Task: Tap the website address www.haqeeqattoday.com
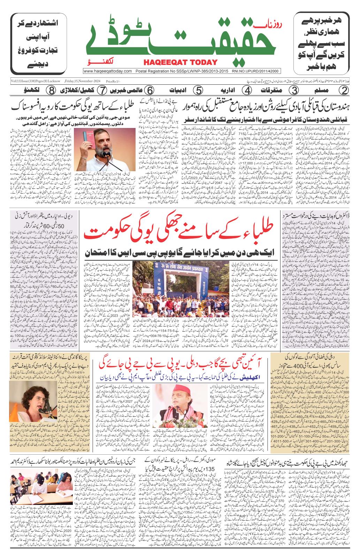point(107,71)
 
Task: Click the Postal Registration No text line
point(181,71)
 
